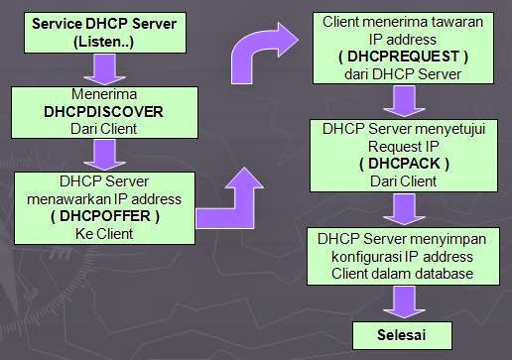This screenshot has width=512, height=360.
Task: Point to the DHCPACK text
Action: click(403, 162)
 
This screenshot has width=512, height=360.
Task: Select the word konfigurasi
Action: click(358, 255)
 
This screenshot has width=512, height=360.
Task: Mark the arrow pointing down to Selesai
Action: click(401, 301)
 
